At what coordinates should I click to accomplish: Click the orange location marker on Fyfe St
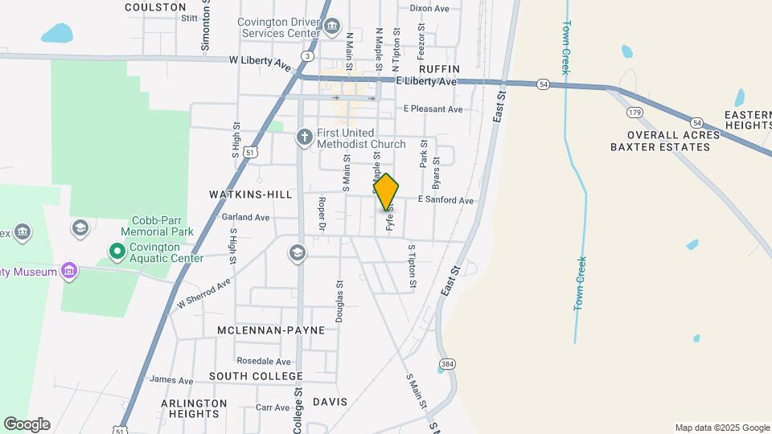coord(386,192)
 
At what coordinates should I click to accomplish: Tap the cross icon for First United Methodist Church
coord(304,137)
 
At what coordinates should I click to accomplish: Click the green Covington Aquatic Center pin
coord(117,252)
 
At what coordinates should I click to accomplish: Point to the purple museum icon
coord(70,272)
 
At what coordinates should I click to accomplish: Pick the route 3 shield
coord(307,55)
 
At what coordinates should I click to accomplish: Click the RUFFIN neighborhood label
coord(439,69)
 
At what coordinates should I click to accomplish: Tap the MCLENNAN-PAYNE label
coord(271,330)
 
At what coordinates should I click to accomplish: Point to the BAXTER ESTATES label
coord(665,147)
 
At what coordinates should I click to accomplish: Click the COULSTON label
coord(156,6)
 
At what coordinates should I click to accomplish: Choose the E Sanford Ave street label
coord(446,200)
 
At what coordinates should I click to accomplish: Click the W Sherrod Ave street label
coord(204,293)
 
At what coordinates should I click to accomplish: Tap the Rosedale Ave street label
coord(264,362)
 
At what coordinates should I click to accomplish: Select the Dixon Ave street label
coord(429,8)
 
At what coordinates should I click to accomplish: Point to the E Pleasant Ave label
coord(433,108)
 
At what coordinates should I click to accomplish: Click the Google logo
coord(27,424)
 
